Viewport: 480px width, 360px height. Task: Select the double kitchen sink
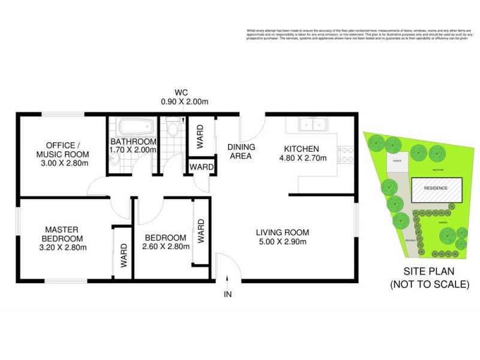(313, 125)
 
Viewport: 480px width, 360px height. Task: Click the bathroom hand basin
(114, 158)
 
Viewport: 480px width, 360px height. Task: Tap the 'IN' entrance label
(228, 294)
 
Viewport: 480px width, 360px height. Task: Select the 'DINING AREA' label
(241, 151)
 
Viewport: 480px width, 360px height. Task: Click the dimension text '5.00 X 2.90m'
(282, 242)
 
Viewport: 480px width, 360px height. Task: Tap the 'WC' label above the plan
(182, 92)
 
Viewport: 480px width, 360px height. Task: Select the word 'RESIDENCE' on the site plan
(436, 188)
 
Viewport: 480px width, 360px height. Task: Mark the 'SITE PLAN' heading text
(428, 271)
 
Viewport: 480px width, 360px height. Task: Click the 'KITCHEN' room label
(301, 149)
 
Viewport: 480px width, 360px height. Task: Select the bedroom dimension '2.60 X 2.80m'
(164, 246)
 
